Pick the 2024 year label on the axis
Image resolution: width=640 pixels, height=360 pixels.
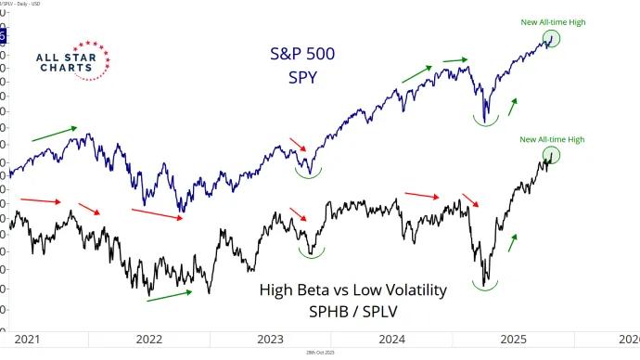[392, 339]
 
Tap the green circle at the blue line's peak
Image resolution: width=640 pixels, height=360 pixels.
[554, 38]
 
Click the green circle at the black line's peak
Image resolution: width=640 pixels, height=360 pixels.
[552, 155]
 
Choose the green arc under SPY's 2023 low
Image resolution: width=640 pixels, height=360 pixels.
[309, 173]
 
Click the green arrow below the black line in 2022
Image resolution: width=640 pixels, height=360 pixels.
[170, 294]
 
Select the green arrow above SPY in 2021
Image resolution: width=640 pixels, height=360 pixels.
[56, 134]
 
